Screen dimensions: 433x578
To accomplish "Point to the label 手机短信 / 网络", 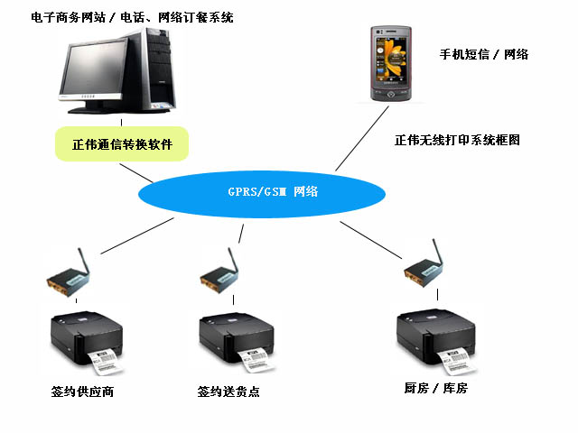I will pos(483,55).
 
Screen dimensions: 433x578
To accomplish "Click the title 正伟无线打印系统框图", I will pos(457,141).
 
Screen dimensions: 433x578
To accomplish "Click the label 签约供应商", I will pos(82,392).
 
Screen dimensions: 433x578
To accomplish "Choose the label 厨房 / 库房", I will pos(436,389).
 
